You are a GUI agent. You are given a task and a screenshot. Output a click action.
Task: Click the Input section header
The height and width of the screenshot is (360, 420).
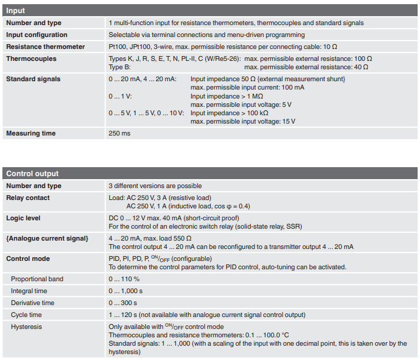click(16, 11)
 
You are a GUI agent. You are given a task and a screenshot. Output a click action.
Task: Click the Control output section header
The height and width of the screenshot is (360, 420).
click(32, 174)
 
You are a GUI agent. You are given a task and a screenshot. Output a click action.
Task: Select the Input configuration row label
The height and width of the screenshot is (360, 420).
click(36, 35)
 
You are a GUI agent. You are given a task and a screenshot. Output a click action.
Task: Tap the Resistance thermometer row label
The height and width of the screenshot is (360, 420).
click(45, 47)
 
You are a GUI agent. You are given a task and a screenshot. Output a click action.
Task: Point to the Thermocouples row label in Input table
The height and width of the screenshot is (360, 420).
click(31, 59)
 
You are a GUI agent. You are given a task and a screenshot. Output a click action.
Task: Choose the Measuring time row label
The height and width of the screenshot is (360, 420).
click(30, 133)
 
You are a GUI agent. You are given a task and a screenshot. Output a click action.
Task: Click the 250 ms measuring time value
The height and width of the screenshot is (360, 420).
click(119, 133)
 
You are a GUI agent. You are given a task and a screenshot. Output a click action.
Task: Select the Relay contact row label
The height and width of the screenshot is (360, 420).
click(28, 198)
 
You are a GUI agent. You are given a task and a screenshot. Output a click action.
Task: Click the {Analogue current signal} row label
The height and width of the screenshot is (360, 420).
click(47, 238)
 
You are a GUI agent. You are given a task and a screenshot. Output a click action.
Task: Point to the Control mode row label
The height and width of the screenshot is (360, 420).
click(28, 259)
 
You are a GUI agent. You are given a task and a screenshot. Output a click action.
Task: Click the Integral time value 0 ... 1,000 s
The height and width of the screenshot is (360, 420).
click(126, 291)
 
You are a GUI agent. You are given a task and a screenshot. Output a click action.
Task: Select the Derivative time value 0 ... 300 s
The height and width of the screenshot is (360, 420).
click(122, 303)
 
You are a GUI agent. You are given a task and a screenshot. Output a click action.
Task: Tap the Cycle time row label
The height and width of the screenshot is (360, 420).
click(26, 315)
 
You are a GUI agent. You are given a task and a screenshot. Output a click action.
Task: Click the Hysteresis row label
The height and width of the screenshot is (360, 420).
click(26, 327)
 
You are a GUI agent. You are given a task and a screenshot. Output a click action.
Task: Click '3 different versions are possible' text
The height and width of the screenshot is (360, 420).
click(155, 186)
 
